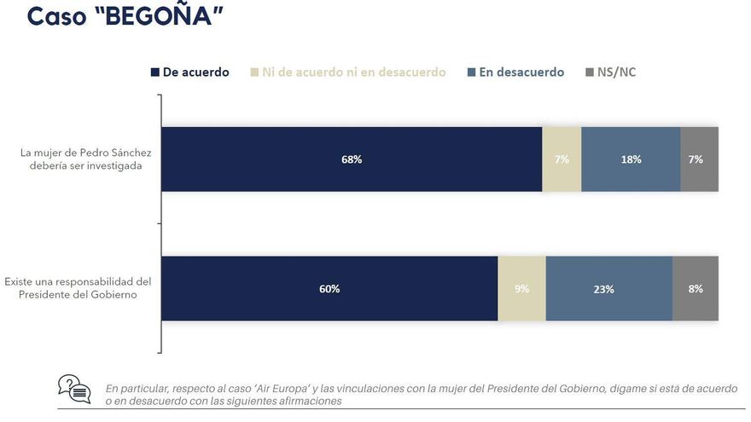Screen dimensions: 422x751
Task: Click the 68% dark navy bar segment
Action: coord(352,159)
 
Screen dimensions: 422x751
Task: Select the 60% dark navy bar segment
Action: coord(329,289)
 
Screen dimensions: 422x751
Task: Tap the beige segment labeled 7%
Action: coord(562,159)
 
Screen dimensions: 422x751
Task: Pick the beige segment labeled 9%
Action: coord(521,289)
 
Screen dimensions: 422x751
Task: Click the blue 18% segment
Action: coord(631,159)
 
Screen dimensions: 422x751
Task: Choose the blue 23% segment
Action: coord(608,289)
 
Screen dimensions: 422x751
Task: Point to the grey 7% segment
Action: coord(699,159)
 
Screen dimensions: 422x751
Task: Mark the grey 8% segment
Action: coord(696,289)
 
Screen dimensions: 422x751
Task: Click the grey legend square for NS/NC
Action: coord(589,72)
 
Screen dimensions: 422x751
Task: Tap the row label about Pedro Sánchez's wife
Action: coord(86,159)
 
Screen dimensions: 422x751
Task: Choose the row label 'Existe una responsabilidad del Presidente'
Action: coord(79,288)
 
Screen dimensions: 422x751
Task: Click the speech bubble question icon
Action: coord(74,389)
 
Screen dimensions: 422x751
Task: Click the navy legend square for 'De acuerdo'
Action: coord(155,72)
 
